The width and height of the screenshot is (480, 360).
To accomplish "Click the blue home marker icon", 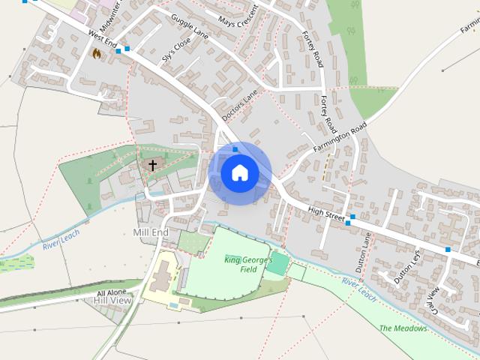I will coord(239,173).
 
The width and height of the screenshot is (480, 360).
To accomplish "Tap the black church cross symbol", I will coord(152,165).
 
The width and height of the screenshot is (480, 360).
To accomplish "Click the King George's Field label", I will coord(241,264).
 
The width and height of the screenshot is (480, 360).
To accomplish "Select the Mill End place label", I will coord(151,232).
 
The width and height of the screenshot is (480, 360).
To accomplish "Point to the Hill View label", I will coord(112,301).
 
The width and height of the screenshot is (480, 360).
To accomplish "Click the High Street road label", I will coord(324,212).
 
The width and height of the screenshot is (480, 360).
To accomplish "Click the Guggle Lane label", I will coord(190,25).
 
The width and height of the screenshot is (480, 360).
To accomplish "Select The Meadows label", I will coord(403,328).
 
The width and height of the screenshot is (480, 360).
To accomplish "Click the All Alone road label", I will coord(112,292).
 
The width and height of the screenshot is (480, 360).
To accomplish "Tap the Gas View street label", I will coord(433,298).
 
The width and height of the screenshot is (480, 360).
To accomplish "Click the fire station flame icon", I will coord(96,53).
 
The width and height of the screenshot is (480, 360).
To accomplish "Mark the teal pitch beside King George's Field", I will coord(277,263).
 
